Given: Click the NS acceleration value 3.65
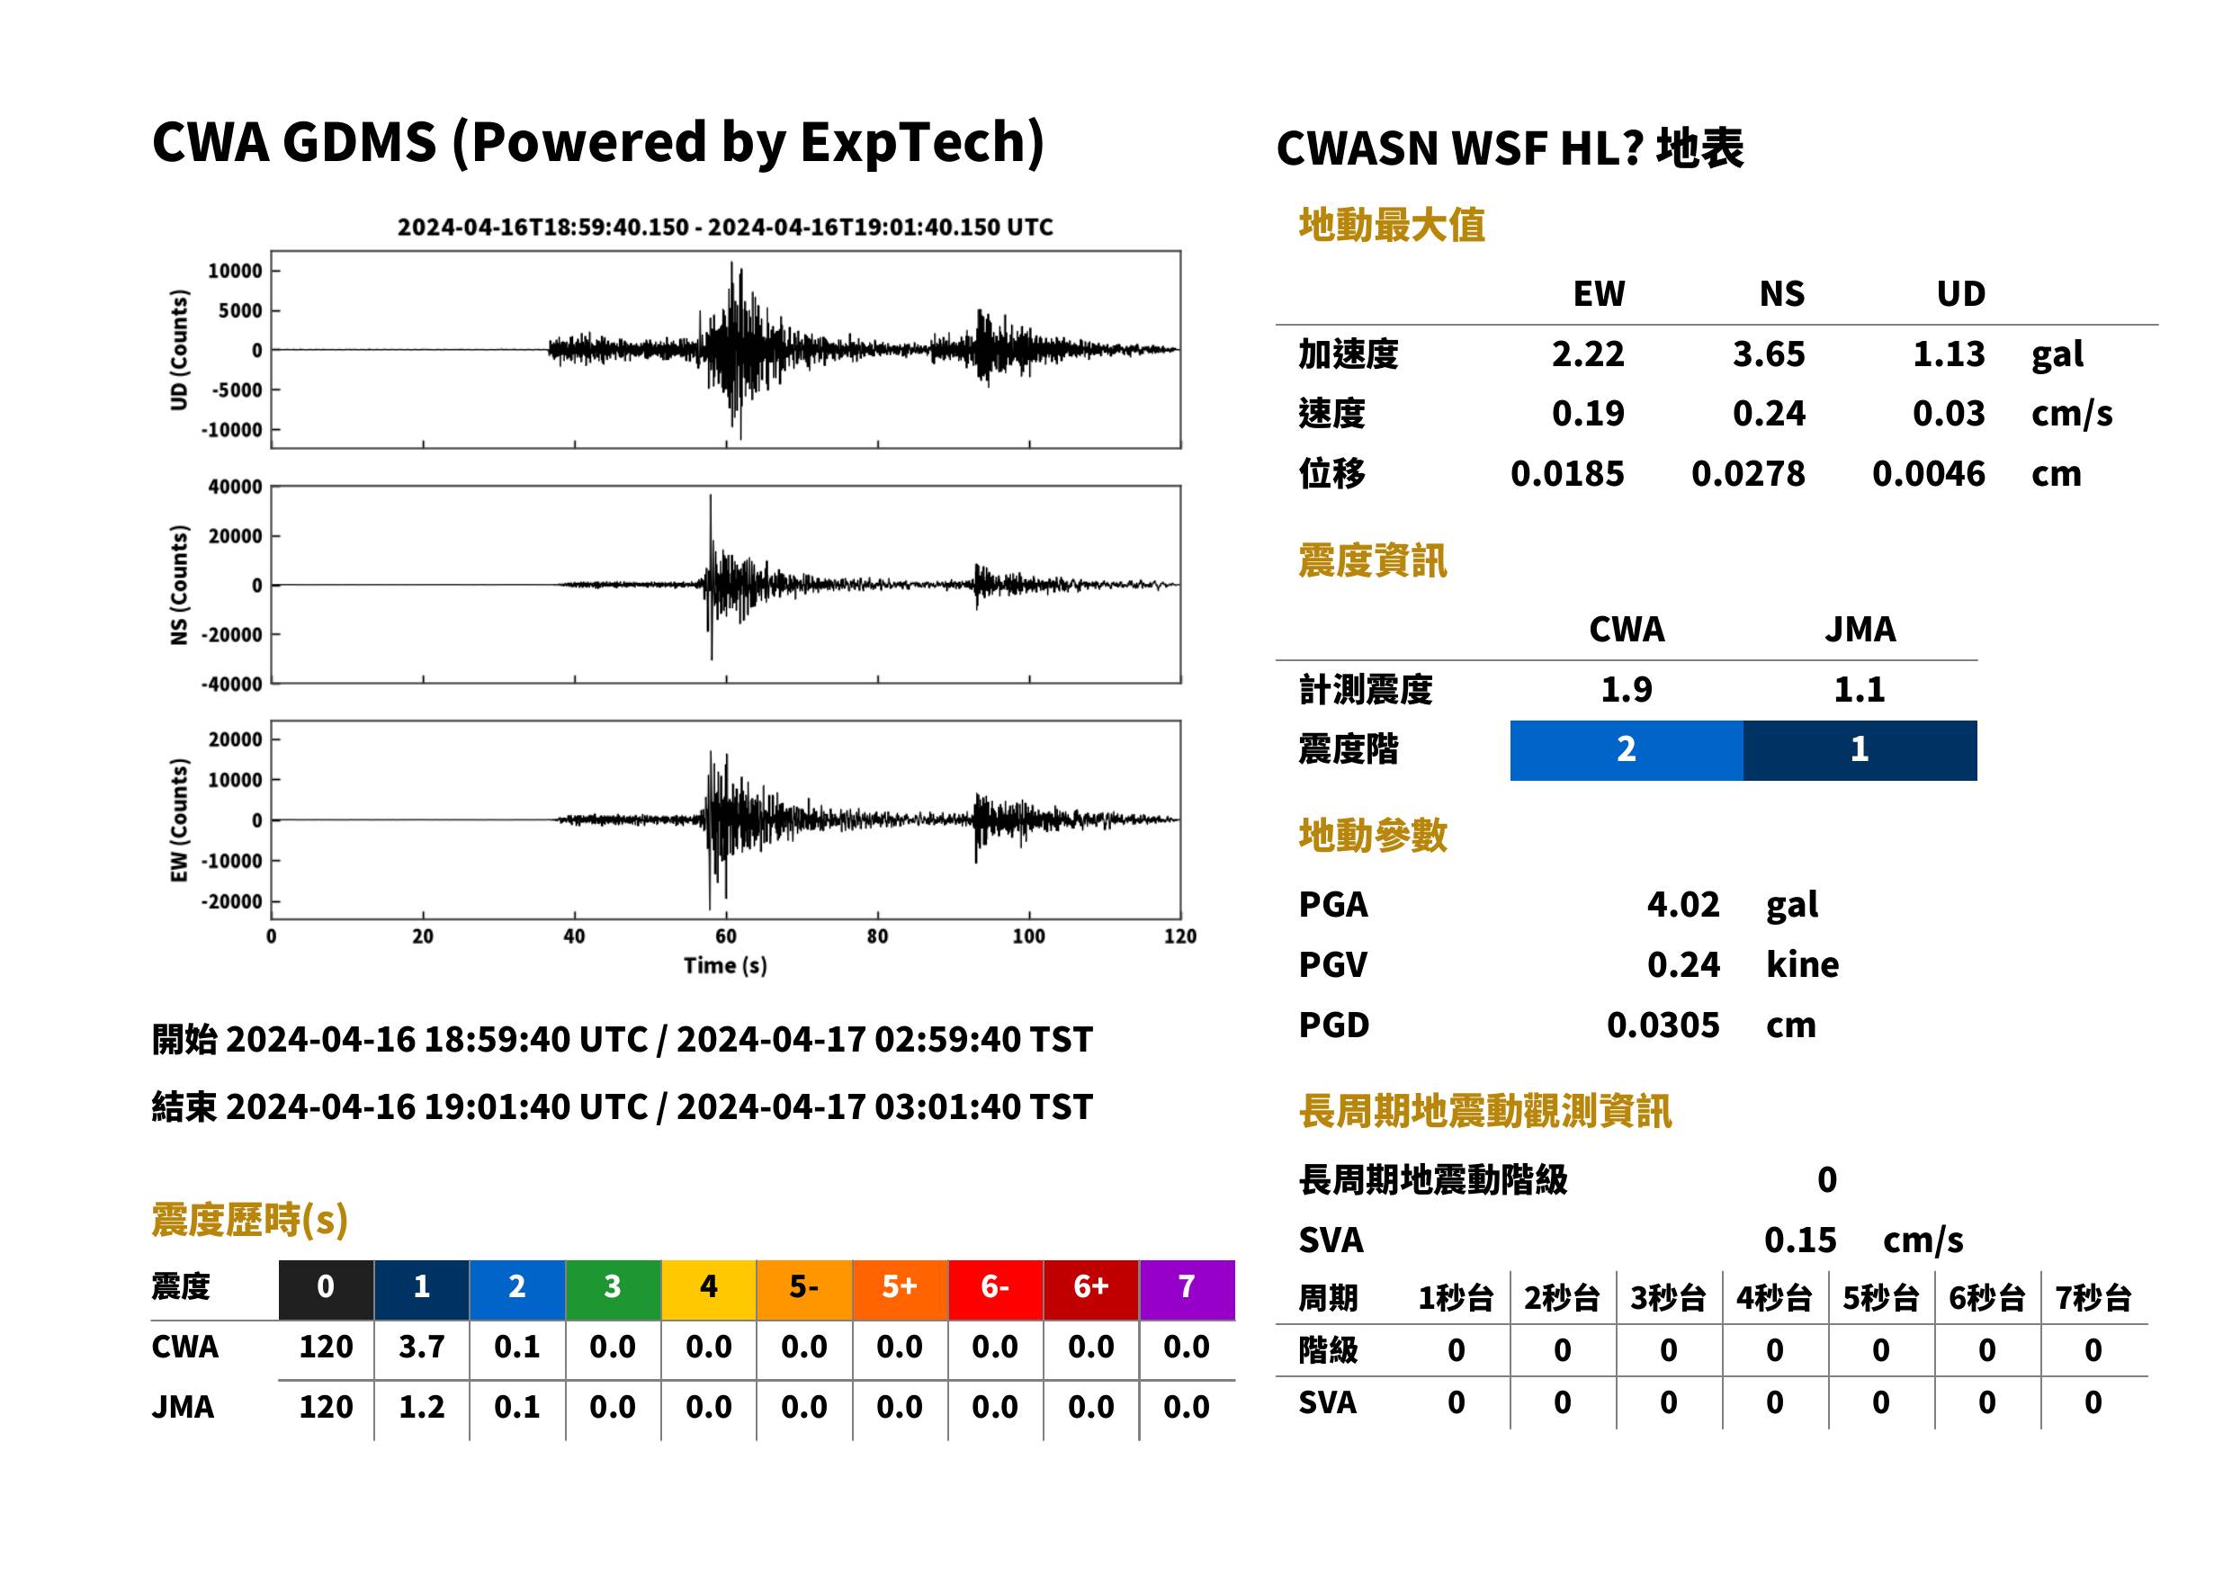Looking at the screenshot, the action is pos(1768,354).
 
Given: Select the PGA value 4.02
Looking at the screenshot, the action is pos(1682,904).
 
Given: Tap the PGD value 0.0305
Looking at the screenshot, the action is pos(1663,1025).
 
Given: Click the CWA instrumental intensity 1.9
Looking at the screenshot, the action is pos(1627,689).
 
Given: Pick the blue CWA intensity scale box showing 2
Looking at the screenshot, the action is pos(1627,750).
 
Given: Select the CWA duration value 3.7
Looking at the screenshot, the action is pos(421,1347).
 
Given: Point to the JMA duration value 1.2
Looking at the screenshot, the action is pos(421,1407).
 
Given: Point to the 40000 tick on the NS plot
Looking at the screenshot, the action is pos(235,487).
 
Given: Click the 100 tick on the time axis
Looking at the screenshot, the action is pos(1028,936).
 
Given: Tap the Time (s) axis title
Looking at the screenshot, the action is pos(725,966).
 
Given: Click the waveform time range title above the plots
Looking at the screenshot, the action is pos(725,228).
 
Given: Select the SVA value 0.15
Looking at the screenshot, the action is pos(1800,1240).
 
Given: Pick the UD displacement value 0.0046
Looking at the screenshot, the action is pos(1929,474).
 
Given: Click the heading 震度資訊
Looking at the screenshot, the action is pos(1372,560).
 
